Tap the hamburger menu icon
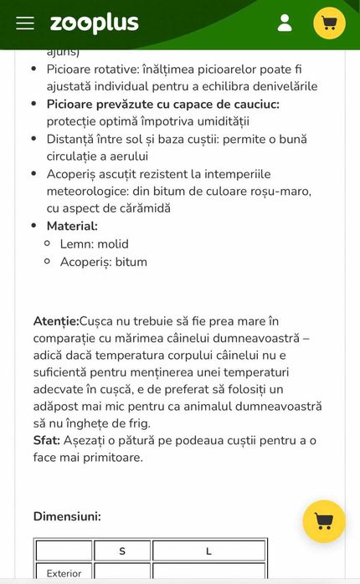[25, 23]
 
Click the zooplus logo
[94, 23]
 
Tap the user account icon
[285, 23]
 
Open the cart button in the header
[329, 23]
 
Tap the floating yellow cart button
[323, 521]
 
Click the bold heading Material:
[72, 226]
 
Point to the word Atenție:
[56, 320]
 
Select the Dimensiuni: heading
[67, 516]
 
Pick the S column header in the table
[122, 551]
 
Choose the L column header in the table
[208, 551]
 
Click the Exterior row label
[64, 573]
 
